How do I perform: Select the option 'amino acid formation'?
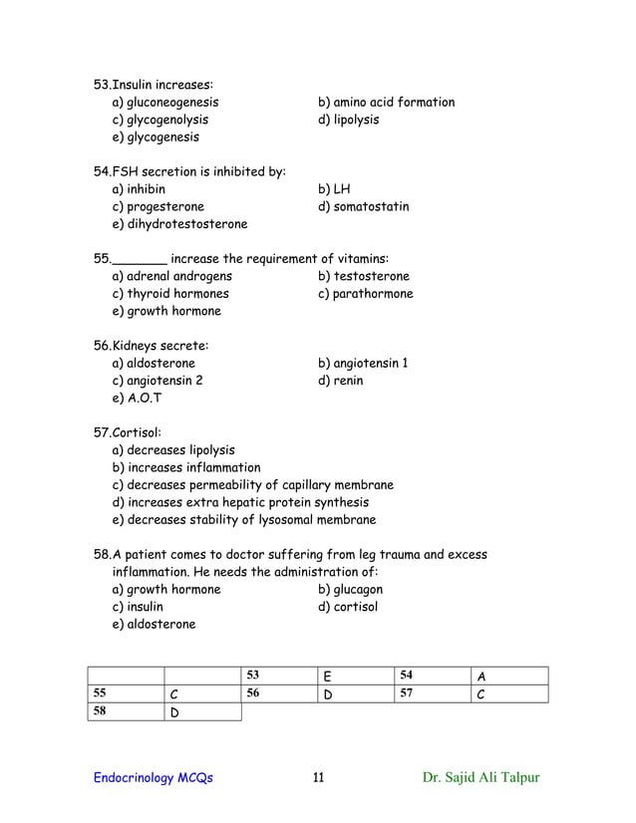pos(386,103)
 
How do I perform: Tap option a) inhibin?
pos(140,189)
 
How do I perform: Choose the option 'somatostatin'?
pos(363,207)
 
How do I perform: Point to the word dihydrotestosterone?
pos(185,224)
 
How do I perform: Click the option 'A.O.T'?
pos(138,399)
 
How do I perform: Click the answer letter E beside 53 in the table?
pos(327,679)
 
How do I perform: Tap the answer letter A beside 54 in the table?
pos(480,679)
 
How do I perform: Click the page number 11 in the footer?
pos(318,778)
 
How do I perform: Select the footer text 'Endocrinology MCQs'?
pos(153,778)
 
